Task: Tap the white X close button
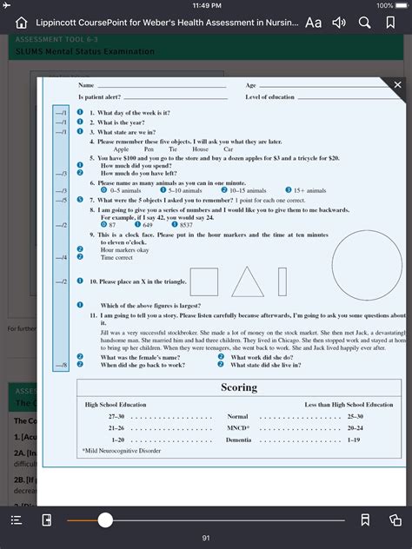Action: pyautogui.click(x=398, y=85)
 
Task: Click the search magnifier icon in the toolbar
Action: pyautogui.click(x=365, y=23)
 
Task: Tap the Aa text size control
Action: pyautogui.click(x=313, y=23)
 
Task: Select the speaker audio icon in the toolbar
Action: pyautogui.click(x=340, y=23)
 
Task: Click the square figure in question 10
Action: pyautogui.click(x=203, y=281)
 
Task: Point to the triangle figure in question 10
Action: pyautogui.click(x=248, y=283)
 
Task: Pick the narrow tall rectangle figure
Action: pyautogui.click(x=282, y=281)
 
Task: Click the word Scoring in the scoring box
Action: pyautogui.click(x=238, y=387)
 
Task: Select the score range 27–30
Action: pyautogui.click(x=116, y=417)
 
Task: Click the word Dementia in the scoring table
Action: pyautogui.click(x=238, y=440)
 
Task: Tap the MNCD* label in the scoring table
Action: pyautogui.click(x=237, y=428)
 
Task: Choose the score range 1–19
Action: pyautogui.click(x=355, y=440)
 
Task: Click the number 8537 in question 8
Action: pyautogui.click(x=186, y=225)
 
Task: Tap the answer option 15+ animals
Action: pyautogui.click(x=309, y=190)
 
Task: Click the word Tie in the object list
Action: pyautogui.click(x=173, y=149)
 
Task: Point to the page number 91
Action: pyautogui.click(x=206, y=538)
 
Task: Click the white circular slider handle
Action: pyautogui.click(x=105, y=519)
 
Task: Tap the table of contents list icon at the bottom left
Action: pyautogui.click(x=16, y=519)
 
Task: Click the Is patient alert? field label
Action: pyautogui.click(x=100, y=97)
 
